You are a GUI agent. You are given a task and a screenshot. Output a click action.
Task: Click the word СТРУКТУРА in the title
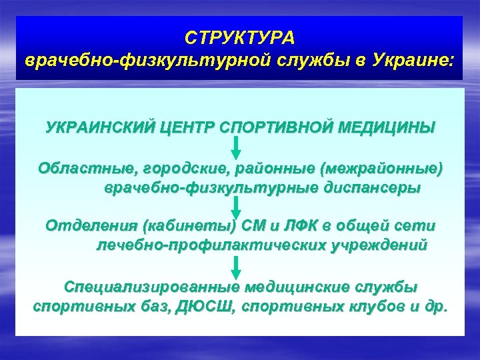pyautogui.click(x=240, y=35)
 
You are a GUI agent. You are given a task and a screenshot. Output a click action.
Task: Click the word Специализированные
pyautogui.click(x=151, y=287)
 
